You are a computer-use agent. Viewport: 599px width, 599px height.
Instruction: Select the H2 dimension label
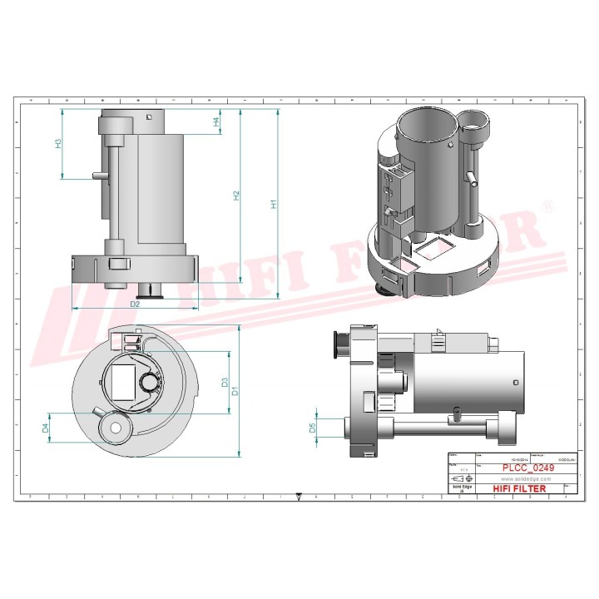click(x=236, y=196)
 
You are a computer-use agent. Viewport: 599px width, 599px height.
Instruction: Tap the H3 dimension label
click(x=57, y=143)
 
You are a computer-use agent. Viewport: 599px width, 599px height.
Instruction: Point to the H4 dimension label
click(x=216, y=121)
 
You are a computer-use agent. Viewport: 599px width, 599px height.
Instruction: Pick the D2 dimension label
click(x=134, y=304)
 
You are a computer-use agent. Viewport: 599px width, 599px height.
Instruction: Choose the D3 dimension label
click(x=224, y=383)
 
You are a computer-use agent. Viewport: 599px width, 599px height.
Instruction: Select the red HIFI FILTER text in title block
click(x=521, y=488)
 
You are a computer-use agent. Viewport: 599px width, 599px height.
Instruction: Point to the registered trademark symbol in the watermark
click(x=547, y=205)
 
